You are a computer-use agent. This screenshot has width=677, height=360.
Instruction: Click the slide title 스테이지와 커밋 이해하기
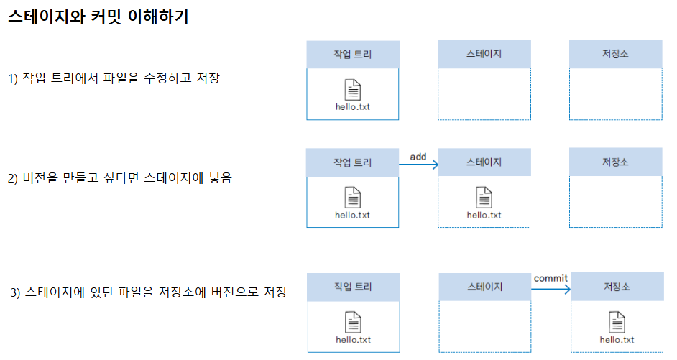98,18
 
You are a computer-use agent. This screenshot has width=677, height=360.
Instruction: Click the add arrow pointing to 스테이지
418,165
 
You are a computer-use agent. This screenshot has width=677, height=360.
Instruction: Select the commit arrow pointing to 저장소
551,290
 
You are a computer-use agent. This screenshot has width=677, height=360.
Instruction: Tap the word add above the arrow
418,156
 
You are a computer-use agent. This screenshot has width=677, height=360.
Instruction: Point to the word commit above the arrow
551,278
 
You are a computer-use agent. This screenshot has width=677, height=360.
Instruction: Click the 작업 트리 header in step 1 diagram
352,55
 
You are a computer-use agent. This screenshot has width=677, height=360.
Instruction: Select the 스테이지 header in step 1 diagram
484,55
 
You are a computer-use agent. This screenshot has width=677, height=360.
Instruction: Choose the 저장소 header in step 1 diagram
615,55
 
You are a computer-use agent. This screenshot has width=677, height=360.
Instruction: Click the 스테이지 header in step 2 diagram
484,162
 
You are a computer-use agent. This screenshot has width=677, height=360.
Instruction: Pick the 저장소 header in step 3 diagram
617,287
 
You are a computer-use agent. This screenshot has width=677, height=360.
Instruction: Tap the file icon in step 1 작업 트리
353,90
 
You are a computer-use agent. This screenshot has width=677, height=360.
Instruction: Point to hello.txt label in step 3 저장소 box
617,340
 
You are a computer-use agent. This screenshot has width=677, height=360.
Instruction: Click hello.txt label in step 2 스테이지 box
484,215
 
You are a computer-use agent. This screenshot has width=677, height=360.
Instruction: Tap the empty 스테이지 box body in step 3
485,327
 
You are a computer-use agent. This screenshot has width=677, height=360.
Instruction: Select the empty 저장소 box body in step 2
615,202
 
